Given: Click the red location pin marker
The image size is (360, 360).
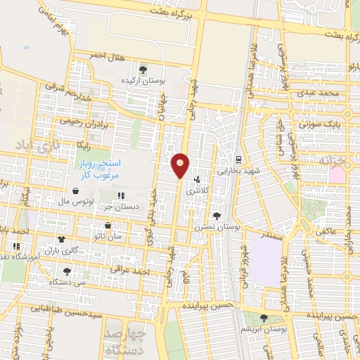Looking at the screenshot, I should [x=180, y=165].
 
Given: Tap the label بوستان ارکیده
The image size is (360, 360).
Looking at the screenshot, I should [x=145, y=81].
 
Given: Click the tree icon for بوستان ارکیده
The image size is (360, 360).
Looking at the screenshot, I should [x=144, y=70].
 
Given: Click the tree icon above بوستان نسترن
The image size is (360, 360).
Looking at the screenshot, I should [x=216, y=216].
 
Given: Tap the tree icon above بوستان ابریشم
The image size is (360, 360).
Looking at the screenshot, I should [x=264, y=318].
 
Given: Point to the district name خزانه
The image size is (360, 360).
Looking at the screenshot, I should [x=333, y=160].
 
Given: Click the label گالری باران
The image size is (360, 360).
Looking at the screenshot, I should [x=58, y=250].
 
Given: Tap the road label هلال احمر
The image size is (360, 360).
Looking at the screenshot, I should [x=105, y=55].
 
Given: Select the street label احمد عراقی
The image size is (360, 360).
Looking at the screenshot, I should [x=136, y=271].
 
